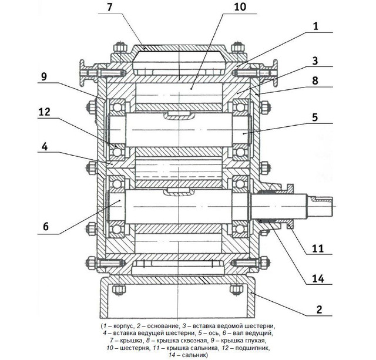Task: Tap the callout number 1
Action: tap(315, 26)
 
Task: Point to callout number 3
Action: tap(315, 61)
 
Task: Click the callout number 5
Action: tap(315, 117)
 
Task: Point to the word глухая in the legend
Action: tap(254, 339)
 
